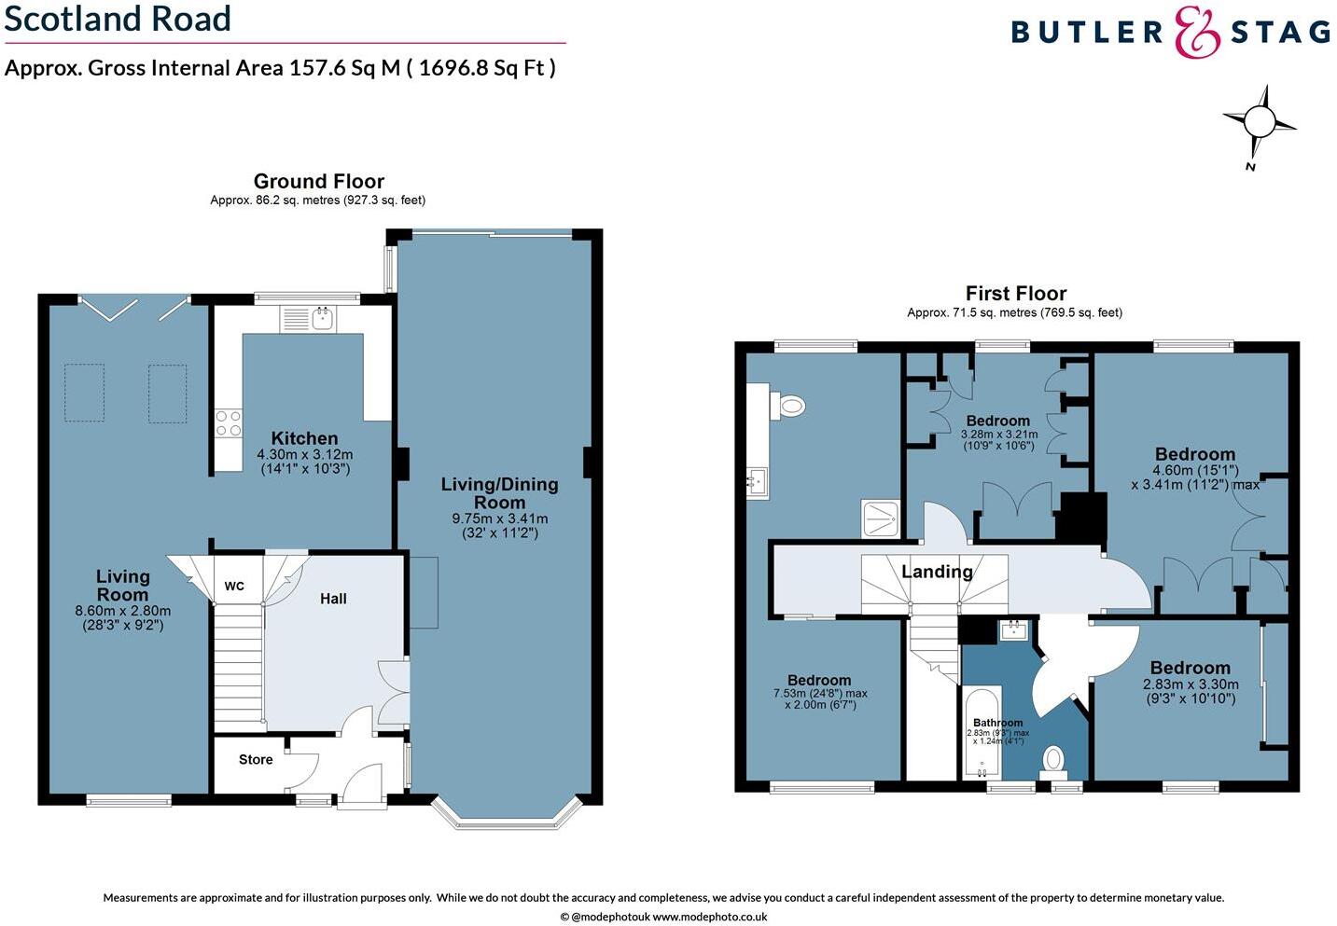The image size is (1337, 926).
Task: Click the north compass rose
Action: coord(1260,122)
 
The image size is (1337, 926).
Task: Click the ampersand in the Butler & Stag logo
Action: coord(1197,33)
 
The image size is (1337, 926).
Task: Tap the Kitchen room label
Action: coord(304,438)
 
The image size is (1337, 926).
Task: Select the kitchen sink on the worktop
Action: coord(323,319)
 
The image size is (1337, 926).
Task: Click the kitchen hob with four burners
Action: coord(229,423)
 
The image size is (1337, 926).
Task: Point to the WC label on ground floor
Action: coord(234,586)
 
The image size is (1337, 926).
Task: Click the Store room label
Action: coord(256,760)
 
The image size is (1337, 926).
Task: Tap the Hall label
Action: coord(333,599)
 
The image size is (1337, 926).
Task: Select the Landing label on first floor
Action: coord(937,572)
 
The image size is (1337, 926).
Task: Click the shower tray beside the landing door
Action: coord(881,518)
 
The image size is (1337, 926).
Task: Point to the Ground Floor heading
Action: coord(319,181)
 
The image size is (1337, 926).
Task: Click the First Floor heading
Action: coord(1015,294)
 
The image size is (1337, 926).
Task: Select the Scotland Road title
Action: coord(118,19)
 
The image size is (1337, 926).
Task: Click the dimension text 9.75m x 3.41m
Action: coord(500,518)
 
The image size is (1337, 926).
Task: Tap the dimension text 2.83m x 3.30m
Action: coord(1191,684)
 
